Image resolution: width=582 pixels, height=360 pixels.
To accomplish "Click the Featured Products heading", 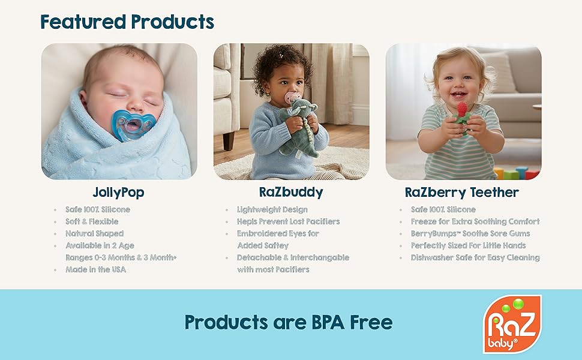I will click(x=127, y=22).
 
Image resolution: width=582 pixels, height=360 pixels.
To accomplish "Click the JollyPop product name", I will click(x=118, y=193).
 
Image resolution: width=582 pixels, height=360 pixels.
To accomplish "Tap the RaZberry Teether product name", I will click(x=461, y=193).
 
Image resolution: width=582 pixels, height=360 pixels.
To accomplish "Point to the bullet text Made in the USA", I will click(x=95, y=269).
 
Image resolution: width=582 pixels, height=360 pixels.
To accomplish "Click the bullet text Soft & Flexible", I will click(x=92, y=221).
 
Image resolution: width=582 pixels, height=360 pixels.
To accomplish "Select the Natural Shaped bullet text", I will click(x=94, y=233).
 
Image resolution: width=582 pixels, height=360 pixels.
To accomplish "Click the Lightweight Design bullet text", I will click(x=272, y=209).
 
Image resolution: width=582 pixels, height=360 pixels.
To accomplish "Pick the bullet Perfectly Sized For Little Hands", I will click(x=468, y=245).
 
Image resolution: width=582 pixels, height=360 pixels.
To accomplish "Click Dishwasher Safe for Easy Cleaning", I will click(x=475, y=257).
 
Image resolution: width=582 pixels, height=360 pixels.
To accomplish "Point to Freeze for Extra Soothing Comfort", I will click(x=475, y=221).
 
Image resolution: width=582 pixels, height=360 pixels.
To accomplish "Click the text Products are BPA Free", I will click(x=288, y=322).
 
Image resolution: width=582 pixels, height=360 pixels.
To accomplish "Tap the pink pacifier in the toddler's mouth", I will click(x=292, y=98).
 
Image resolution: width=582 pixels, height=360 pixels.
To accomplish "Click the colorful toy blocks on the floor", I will click(x=515, y=173).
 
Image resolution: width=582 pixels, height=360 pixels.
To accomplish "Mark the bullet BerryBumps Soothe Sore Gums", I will click(x=470, y=233).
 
